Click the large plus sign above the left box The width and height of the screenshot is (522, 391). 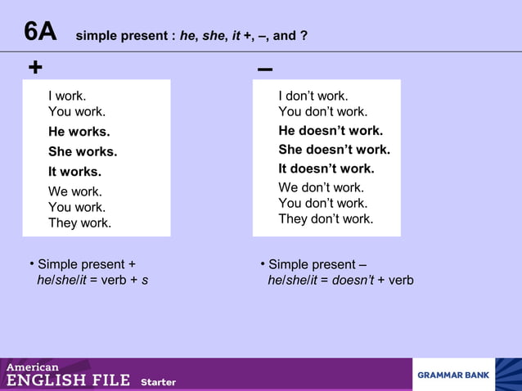coord(35,68)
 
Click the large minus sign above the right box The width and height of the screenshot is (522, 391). coord(264,69)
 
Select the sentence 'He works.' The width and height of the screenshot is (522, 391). coord(79,132)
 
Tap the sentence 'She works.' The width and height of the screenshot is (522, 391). coord(83,151)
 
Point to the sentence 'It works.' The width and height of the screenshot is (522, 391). coord(74,172)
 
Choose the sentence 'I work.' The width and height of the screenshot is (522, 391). coord(67,96)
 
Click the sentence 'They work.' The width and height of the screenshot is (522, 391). coord(79,222)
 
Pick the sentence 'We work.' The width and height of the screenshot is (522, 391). coord(75,192)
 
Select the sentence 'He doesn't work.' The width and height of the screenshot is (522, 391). coord(331,131)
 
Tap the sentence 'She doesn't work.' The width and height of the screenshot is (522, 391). coord(334,150)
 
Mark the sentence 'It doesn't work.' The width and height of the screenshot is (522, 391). coord(326,169)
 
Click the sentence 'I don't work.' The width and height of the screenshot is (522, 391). coord(313,96)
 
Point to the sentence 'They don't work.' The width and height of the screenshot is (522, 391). coord(326,218)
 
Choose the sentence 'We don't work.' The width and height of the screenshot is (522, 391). coord(321,187)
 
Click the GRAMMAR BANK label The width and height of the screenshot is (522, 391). coord(453,375)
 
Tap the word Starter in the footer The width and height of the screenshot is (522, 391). coord(158,382)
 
